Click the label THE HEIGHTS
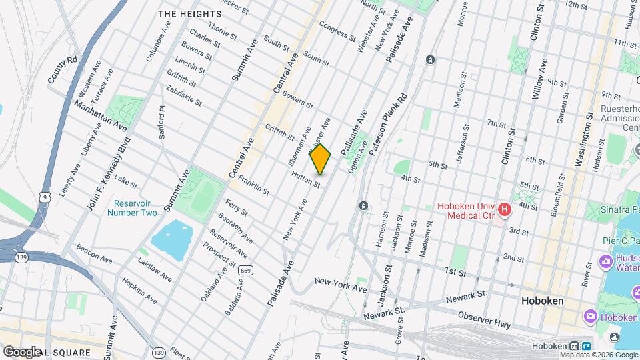pos(189,14)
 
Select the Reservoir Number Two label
pos(135,208)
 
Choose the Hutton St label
pos(307,179)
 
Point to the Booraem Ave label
pos(237,229)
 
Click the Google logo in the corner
pos(21,351)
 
